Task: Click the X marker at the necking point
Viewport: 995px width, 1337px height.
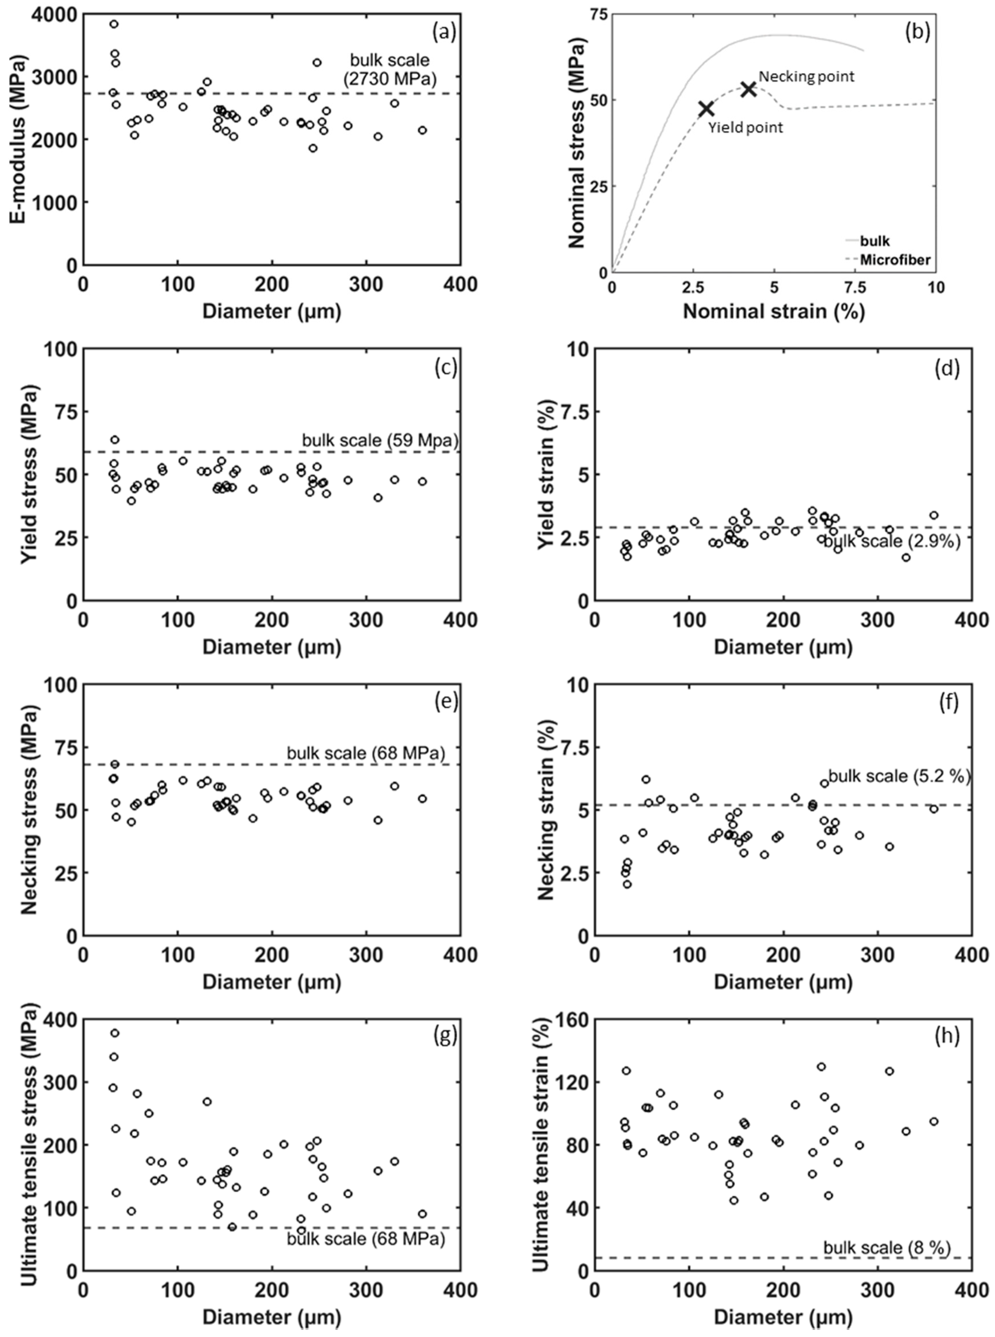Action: pyautogui.click(x=748, y=89)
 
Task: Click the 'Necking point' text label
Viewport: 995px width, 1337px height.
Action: pyautogui.click(x=806, y=77)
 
